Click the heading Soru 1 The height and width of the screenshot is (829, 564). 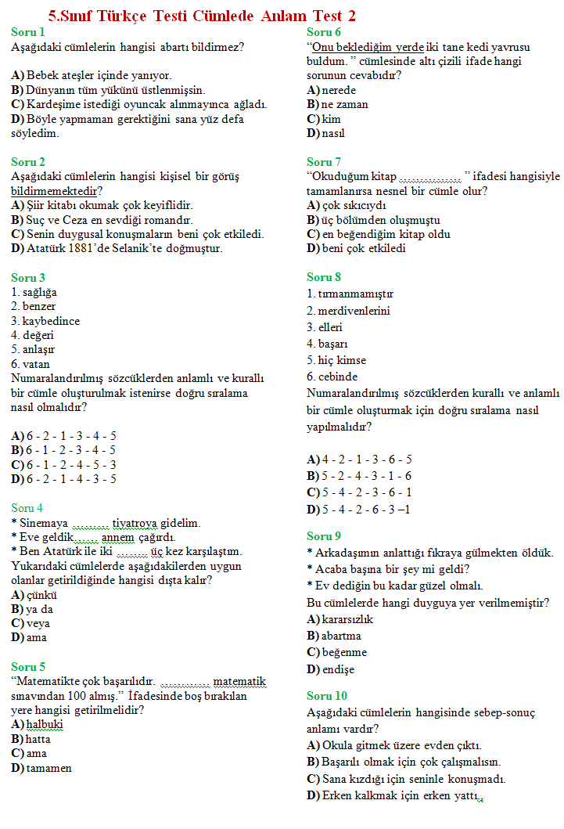coord(27,32)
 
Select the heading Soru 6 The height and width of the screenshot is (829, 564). coord(324,32)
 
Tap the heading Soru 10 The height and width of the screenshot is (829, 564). coord(327,696)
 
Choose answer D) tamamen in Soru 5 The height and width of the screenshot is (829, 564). coord(41,768)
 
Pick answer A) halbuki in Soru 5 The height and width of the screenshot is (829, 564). coord(38,724)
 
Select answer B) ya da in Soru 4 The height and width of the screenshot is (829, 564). coord(32,609)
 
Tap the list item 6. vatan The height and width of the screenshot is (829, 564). coord(31,364)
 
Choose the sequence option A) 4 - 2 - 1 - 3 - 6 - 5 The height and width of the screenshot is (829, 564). coord(359,460)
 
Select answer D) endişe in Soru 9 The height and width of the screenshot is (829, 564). coord(331,669)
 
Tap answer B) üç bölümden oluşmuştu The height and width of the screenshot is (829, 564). coord(373,220)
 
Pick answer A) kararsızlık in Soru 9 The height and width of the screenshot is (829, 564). coord(340,619)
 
